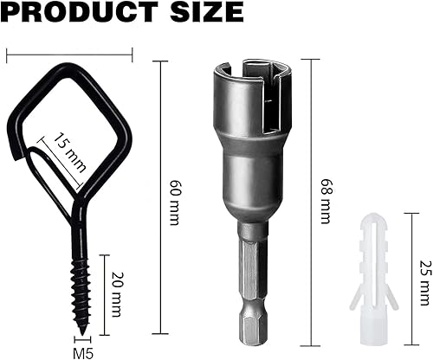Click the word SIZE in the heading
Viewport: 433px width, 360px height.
[206, 11]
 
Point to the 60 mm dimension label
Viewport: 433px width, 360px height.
[174, 202]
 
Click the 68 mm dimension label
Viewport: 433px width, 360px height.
[326, 201]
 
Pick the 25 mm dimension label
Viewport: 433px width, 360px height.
[425, 283]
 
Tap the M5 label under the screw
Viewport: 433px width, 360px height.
[83, 354]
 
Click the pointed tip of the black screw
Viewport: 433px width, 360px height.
[83, 335]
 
